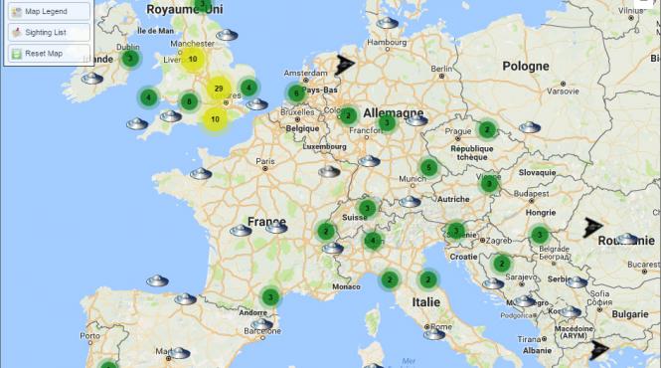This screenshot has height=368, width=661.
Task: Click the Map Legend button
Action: [48, 11]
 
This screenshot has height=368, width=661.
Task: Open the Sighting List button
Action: [48, 32]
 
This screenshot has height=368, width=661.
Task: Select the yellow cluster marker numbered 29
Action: [218, 90]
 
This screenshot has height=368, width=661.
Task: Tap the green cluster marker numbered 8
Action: [189, 100]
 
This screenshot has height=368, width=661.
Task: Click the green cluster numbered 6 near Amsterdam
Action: [295, 93]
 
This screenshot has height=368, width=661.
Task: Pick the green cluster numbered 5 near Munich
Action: [428, 167]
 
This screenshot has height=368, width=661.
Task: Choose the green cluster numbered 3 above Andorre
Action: [269, 296]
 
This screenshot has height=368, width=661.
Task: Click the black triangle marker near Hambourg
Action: [345, 65]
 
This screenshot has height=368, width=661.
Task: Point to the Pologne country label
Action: [525, 66]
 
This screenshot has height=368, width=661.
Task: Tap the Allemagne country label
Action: [393, 112]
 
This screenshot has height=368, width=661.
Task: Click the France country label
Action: [266, 222]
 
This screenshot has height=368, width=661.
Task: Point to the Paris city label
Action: [264, 161]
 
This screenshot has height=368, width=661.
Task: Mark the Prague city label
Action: [457, 131]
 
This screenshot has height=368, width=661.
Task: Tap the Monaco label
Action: [346, 286]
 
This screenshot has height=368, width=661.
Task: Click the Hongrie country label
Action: [541, 212]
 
